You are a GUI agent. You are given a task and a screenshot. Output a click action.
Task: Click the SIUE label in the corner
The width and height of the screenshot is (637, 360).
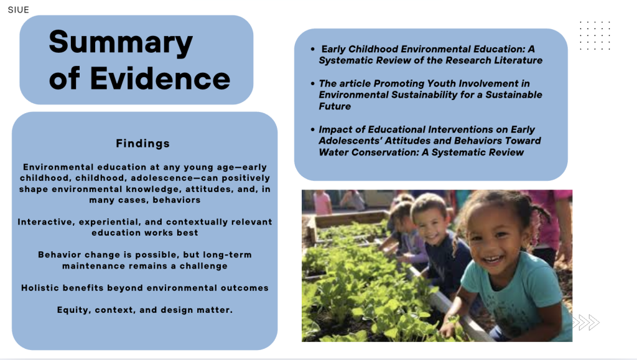(18, 10)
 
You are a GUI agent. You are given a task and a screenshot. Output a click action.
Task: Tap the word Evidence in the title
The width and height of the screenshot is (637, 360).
(160, 78)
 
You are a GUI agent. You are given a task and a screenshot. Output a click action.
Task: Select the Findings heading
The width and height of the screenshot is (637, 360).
(142, 143)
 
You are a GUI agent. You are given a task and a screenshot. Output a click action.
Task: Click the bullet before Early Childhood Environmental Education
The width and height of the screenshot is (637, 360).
(312, 49)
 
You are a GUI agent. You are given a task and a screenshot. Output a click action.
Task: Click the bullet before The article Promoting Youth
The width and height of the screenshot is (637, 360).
(312, 83)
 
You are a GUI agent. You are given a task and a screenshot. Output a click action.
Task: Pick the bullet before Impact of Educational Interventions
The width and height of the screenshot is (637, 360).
(312, 129)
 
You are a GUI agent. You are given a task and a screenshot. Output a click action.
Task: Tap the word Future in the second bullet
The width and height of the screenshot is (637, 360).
(335, 106)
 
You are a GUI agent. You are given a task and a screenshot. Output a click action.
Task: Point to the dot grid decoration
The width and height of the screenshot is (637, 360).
(595, 35)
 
